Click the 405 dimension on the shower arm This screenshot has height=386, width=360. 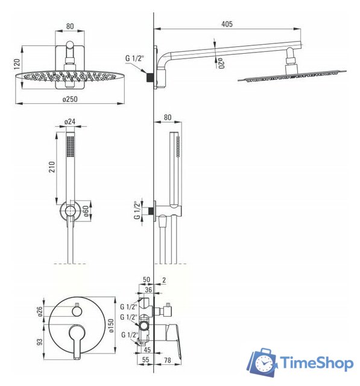227,24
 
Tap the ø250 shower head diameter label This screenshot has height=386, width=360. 70,99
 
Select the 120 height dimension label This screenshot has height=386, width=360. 17,63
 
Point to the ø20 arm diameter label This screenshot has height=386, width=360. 221,63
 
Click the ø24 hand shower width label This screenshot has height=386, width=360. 70,122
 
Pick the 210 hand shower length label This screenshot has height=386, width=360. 52,167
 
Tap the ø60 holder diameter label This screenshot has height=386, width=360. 86,210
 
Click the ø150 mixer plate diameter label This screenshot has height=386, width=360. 111,326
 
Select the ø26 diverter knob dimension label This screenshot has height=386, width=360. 40,311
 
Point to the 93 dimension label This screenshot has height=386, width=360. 39,342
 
